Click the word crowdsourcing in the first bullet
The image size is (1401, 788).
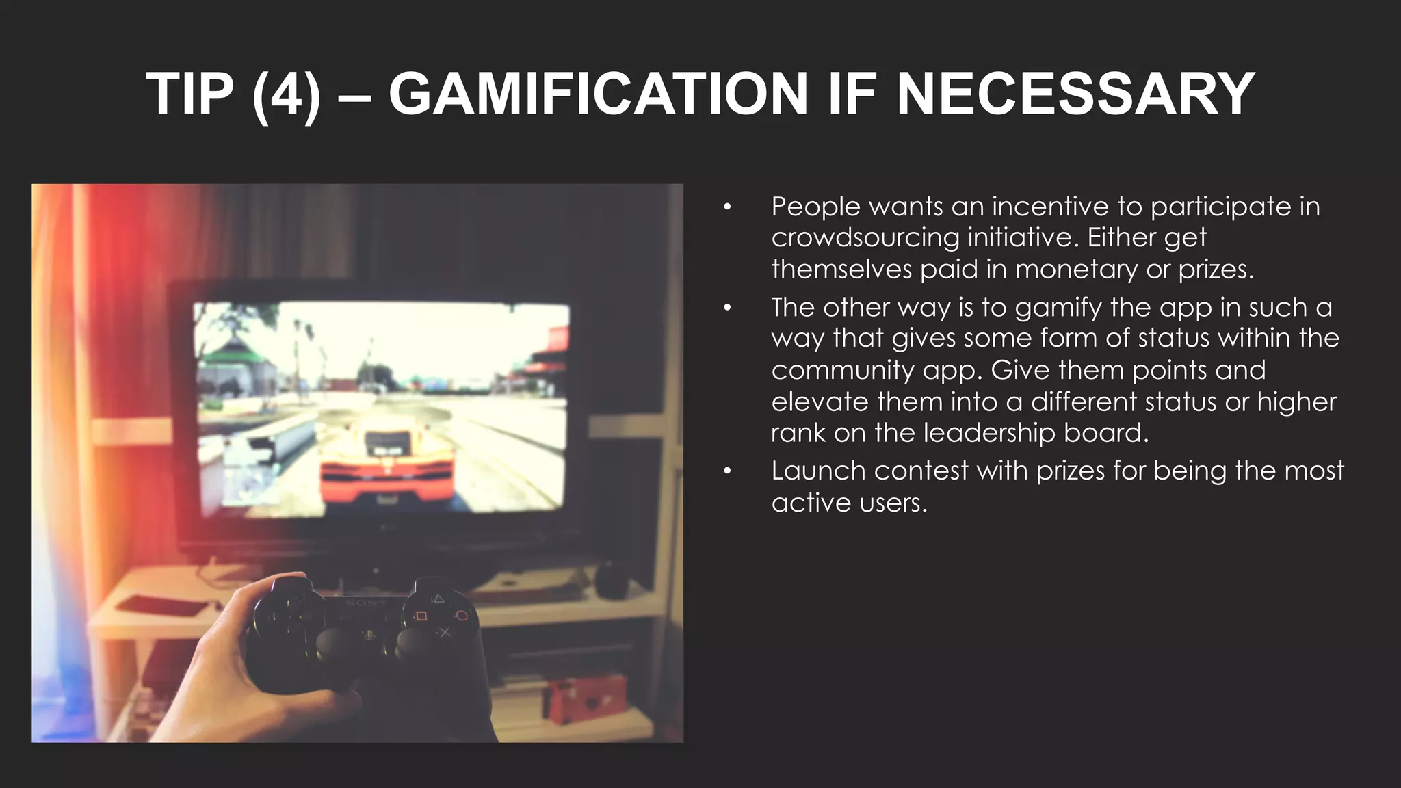(x=865, y=237)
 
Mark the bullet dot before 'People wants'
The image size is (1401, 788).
(x=727, y=207)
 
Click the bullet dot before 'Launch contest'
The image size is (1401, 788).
(x=727, y=471)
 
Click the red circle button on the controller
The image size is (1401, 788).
(x=462, y=616)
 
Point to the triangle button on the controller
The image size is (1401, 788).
(x=438, y=600)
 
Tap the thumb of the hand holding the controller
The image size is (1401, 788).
(x=274, y=588)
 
